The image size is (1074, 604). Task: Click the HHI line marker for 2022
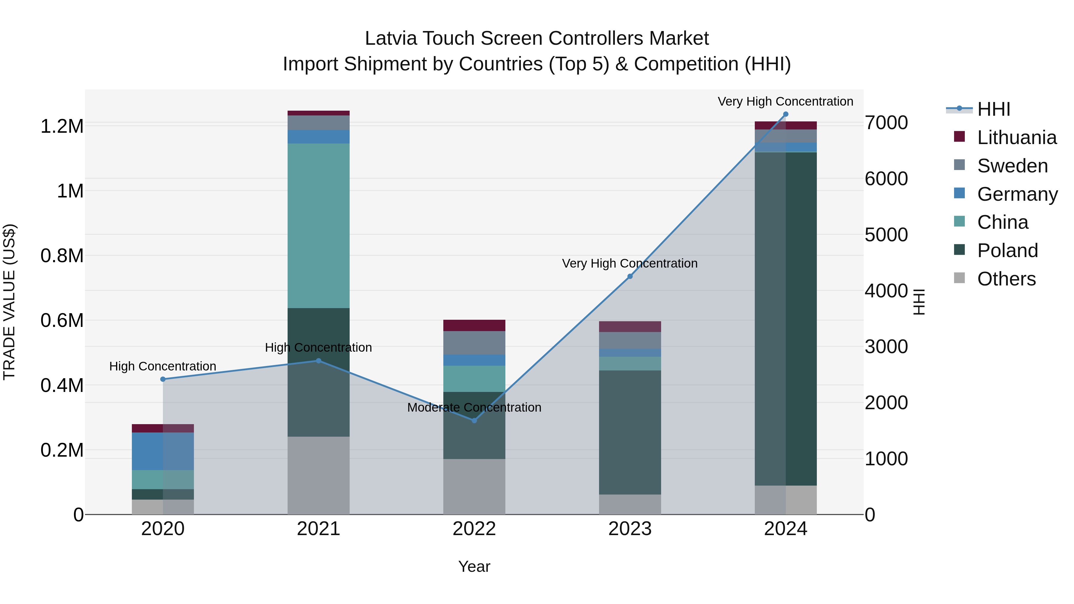[474, 420]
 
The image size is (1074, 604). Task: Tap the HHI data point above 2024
[786, 114]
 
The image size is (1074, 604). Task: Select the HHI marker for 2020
[163, 379]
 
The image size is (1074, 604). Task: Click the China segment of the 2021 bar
[319, 225]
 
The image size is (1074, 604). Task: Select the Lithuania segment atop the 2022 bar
[474, 325]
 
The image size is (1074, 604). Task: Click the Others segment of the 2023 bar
[630, 504]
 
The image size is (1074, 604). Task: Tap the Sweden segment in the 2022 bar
[474, 343]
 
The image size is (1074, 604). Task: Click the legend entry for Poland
[1007, 251]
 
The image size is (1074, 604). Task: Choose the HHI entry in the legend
[993, 109]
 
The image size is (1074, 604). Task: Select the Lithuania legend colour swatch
[959, 137]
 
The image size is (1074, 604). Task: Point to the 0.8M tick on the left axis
[62, 256]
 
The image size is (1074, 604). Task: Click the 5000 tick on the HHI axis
[886, 235]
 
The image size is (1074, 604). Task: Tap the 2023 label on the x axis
[630, 529]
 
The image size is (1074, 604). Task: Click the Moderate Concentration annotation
[474, 407]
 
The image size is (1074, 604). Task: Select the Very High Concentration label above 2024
[785, 101]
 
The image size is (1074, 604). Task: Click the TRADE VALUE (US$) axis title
[9, 302]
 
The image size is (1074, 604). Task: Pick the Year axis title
[474, 566]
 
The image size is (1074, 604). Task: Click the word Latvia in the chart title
[390, 38]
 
